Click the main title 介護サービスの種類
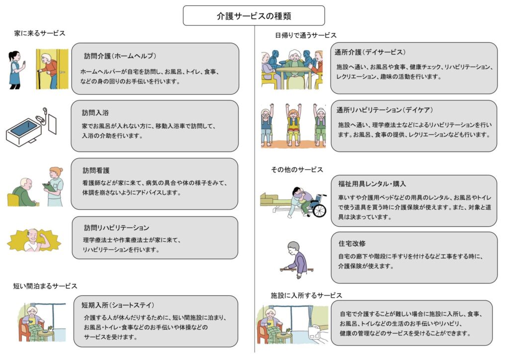[x=254, y=16]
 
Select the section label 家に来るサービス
[x=40, y=33]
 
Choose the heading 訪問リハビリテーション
[x=116, y=228]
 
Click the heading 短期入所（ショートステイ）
[x=118, y=304]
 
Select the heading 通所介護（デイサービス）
[x=370, y=52]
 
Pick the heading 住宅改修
[x=351, y=243]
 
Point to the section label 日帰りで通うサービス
[x=306, y=35]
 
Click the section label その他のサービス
[x=297, y=170]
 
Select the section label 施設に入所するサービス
[x=306, y=295]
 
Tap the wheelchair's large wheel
[x=319, y=210]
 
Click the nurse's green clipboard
[x=49, y=186]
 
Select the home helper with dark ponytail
[x=15, y=69]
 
